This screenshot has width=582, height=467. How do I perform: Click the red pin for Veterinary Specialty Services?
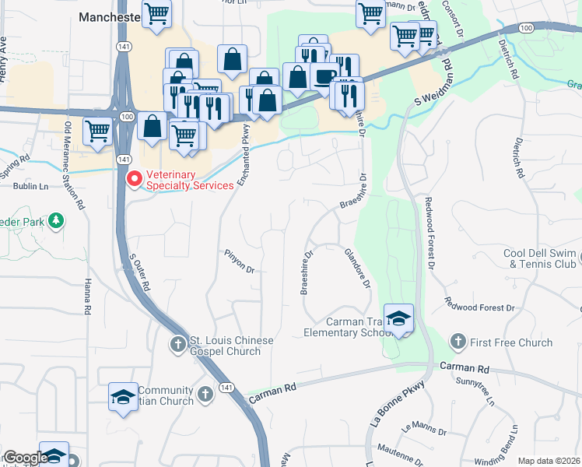tap(134, 180)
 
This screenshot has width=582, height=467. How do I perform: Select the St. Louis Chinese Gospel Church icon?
tap(178, 342)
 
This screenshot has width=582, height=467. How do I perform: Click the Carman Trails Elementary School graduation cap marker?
tap(398, 319)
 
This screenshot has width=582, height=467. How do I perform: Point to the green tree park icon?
tap(56, 222)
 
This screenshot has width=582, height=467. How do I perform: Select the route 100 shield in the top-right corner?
tap(527, 28)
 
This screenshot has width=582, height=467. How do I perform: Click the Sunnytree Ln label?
tap(476, 392)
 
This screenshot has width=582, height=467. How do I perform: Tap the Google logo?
tap(25, 458)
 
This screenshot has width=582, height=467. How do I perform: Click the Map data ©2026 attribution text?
tap(549, 461)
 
